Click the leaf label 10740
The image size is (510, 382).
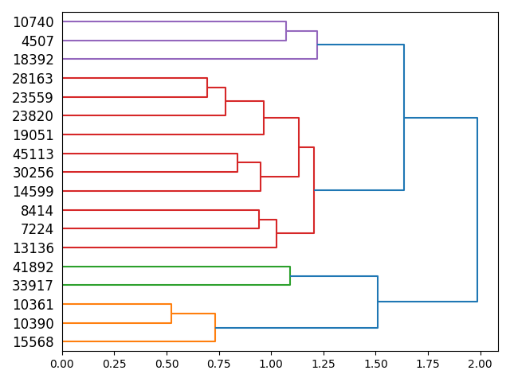tap(33, 22)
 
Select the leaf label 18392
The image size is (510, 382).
tap(33, 60)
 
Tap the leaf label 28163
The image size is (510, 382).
tap(33, 79)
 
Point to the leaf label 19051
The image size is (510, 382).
tap(33, 134)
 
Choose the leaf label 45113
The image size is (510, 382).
tap(33, 154)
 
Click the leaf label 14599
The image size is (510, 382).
tap(33, 191)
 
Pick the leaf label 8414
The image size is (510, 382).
tap(37, 210)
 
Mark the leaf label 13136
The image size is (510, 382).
tap(33, 248)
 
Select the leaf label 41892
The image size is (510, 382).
tap(33, 267)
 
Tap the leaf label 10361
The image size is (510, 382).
tap(33, 304)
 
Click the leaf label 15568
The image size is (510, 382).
tap(33, 341)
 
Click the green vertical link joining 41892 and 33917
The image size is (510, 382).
tap(290, 275)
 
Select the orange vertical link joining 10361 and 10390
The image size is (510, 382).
tap(171, 314)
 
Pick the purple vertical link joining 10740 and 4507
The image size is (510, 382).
tap(286, 31)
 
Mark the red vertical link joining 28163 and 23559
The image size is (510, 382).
tap(207, 88)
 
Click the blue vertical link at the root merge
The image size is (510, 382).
tap(477, 210)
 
